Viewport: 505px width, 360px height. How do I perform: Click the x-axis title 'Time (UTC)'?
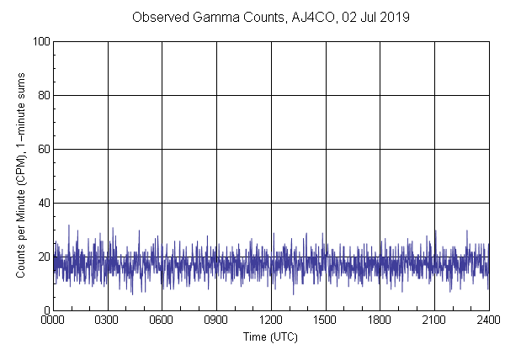tap(270, 336)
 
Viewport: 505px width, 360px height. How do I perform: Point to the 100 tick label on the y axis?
tap(39, 41)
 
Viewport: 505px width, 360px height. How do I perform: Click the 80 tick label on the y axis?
tap(41, 95)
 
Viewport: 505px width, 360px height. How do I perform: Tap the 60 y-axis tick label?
tap(41, 149)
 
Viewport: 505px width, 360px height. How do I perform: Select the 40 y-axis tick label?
tap(41, 203)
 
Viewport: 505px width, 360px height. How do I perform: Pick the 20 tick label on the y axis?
tap(41, 257)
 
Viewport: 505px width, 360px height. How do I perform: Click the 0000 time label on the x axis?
tap(53, 320)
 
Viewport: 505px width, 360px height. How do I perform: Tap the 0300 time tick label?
tap(108, 320)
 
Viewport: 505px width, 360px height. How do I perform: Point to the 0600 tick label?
tap(162, 320)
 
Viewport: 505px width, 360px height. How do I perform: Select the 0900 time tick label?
tap(216, 320)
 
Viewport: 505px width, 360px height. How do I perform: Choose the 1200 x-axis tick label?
tap(271, 320)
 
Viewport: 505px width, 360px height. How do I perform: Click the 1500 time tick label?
tap(325, 320)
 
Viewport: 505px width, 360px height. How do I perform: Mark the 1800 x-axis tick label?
tap(380, 320)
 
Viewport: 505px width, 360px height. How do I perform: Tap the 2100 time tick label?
tap(434, 320)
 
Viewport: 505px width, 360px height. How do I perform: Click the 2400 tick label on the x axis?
tap(488, 320)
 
